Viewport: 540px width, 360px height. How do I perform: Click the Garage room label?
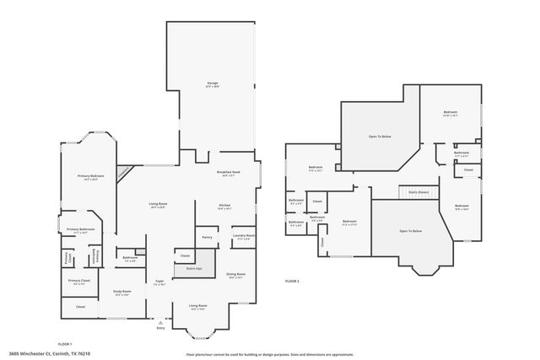tap(213, 83)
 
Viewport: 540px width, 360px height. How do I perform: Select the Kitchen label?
tap(225, 206)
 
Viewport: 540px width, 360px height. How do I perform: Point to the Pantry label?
tap(206, 237)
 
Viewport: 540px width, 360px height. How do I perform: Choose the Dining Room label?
tap(235, 275)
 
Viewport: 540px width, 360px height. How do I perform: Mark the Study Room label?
tap(122, 292)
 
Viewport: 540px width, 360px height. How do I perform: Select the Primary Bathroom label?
tap(81, 230)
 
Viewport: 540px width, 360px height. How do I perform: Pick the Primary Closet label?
tap(80, 282)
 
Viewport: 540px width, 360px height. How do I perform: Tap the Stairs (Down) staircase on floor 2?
tap(418, 192)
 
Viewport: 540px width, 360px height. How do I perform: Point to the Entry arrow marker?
tap(160, 320)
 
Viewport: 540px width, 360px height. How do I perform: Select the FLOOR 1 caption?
tap(65, 345)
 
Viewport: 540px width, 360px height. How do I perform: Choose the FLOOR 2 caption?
tap(292, 280)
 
